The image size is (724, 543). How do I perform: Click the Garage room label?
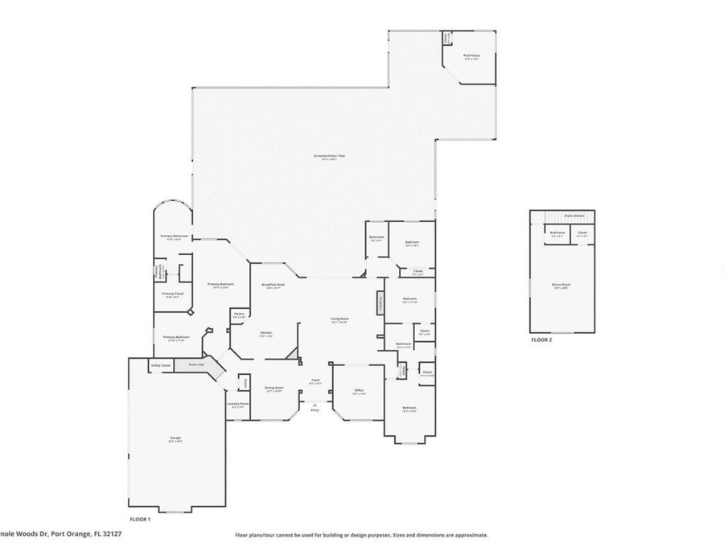[x=175, y=438]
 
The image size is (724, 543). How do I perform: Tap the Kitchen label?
[x=265, y=334]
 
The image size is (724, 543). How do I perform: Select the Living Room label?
[x=339, y=319]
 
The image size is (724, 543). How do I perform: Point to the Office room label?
[x=359, y=392]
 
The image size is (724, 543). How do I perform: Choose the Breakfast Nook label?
[x=272, y=286]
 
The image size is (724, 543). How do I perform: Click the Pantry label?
[x=238, y=315]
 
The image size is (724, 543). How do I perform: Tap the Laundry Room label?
[x=239, y=405]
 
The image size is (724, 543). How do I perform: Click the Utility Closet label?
[x=160, y=365]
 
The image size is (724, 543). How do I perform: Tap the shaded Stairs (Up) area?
[x=196, y=364]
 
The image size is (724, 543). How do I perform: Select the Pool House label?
[x=471, y=56]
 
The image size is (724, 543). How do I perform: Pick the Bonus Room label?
[x=562, y=286]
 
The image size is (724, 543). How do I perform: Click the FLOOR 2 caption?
[x=541, y=340]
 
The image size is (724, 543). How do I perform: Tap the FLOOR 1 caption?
[x=140, y=520]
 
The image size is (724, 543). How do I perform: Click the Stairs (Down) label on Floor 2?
[x=573, y=216]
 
